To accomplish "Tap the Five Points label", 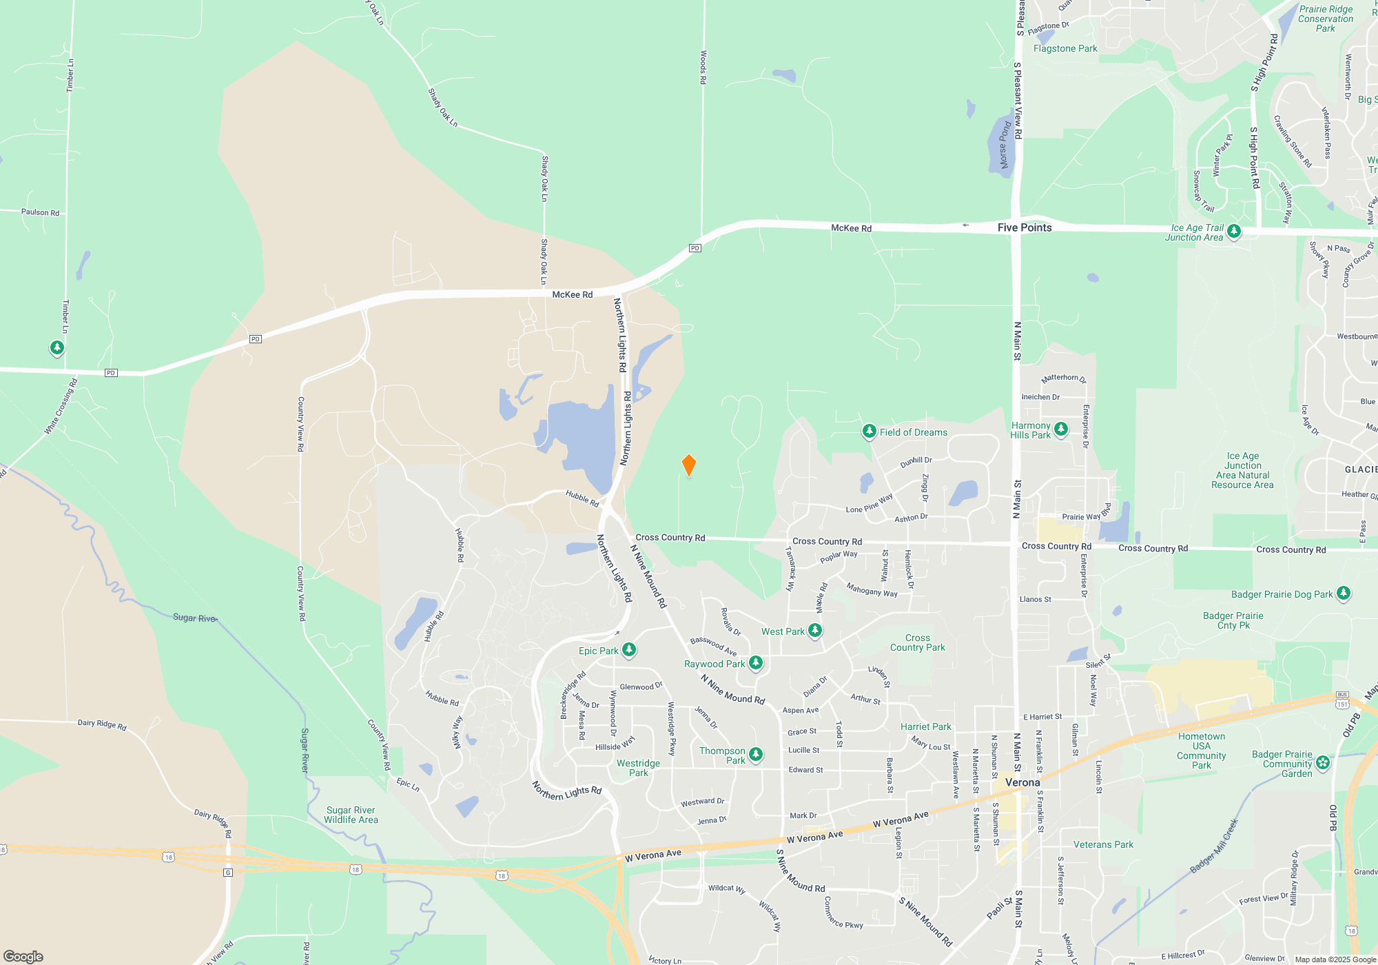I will coord(1025,227).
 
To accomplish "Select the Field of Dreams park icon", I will coord(869,431).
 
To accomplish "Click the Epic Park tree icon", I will coord(628,649).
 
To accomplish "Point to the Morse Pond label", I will coord(1005,145).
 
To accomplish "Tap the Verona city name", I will coord(1022,782).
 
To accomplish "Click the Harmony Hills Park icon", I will coord(1061,429).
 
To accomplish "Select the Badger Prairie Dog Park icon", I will coord(1343,593).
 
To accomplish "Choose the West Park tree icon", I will coord(814,630).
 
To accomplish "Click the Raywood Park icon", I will coord(755,662).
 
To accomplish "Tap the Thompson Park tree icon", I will coord(755,754).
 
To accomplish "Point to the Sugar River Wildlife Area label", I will coord(351,815).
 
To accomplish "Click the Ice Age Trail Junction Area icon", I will coord(1234,231).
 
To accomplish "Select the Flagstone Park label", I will coord(1065,48).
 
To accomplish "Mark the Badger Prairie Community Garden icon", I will coord(1322,762).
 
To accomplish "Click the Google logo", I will coord(23,956).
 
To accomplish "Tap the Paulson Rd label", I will coord(40,212).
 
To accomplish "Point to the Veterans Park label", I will coord(1103,844).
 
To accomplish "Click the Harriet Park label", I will coord(925,727).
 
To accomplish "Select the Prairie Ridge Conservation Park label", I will coord(1326,19).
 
